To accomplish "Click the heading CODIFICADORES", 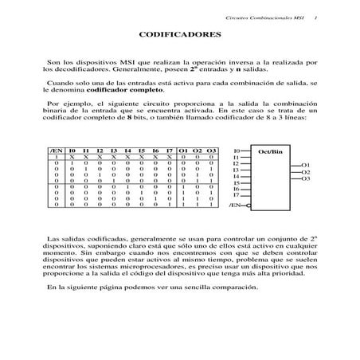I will tap(179, 35).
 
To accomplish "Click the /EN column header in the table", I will tap(57, 151).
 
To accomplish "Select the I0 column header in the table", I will tap(72, 151).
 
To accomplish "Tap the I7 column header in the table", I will tap(169, 151).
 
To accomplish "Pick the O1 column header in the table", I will tap(184, 151).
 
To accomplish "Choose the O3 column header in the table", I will tap(211, 151).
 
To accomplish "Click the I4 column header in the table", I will tap(127, 151).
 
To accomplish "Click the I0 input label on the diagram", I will tap(236, 151).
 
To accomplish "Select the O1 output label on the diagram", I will tap(306, 165).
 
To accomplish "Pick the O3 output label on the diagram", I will tap(306, 178).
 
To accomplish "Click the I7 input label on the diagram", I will tap(236, 194).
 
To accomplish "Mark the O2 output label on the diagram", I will tap(306, 171).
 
